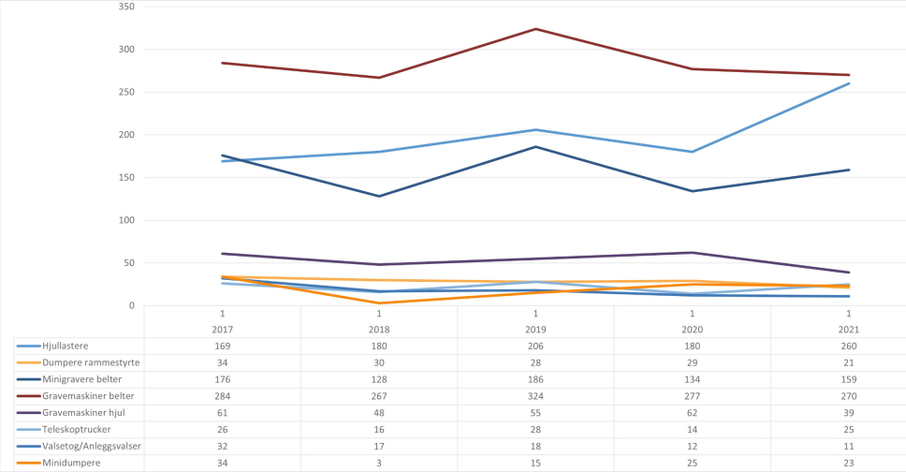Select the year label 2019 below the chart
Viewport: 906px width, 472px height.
[x=535, y=330]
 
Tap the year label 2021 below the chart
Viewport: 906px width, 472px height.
[x=848, y=330]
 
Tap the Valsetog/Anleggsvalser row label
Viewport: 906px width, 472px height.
[x=92, y=446]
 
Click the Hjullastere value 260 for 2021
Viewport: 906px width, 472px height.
[x=848, y=347]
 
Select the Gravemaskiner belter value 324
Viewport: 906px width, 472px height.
[x=535, y=396]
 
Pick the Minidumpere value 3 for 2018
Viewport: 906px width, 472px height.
[x=379, y=463]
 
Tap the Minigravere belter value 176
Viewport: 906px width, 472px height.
[x=223, y=379]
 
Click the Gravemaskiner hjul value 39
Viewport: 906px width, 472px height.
[x=848, y=413]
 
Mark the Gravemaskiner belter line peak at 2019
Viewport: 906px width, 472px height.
[x=535, y=29]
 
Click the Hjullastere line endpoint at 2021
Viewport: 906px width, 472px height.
[x=848, y=83]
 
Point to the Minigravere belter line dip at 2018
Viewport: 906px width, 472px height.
[x=379, y=196]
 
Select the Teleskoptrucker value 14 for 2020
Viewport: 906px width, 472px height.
[x=692, y=429]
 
